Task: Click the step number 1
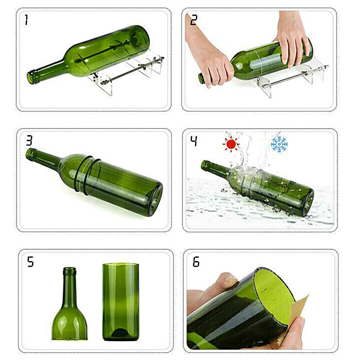tap(26, 20)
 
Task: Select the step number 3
tap(29, 140)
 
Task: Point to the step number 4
tap(194, 141)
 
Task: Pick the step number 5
tap(31, 262)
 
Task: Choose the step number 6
tap(196, 262)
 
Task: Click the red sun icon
tap(231, 144)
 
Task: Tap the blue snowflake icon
tap(279, 144)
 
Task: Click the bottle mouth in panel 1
tap(31, 77)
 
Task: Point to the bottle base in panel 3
tap(156, 199)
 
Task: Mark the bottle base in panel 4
tap(309, 203)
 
